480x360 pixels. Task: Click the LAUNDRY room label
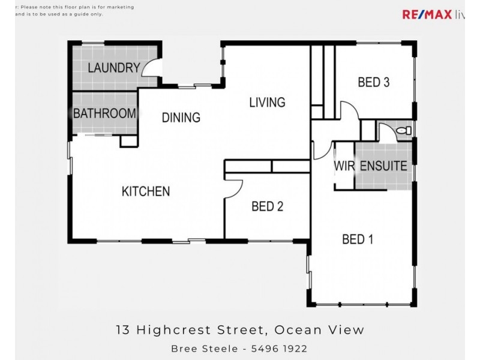click(x=114, y=68)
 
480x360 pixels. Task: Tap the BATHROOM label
click(x=104, y=113)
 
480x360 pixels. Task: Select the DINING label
click(x=181, y=118)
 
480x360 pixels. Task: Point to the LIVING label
click(x=267, y=103)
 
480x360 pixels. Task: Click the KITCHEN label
click(x=146, y=192)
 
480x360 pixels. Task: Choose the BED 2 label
click(x=267, y=207)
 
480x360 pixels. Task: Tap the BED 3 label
click(x=373, y=83)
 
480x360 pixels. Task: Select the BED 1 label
click(x=358, y=239)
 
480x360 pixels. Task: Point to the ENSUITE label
click(x=383, y=166)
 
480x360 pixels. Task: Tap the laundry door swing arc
click(x=151, y=68)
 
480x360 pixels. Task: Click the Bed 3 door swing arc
click(x=349, y=110)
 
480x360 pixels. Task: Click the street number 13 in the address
click(x=123, y=329)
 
